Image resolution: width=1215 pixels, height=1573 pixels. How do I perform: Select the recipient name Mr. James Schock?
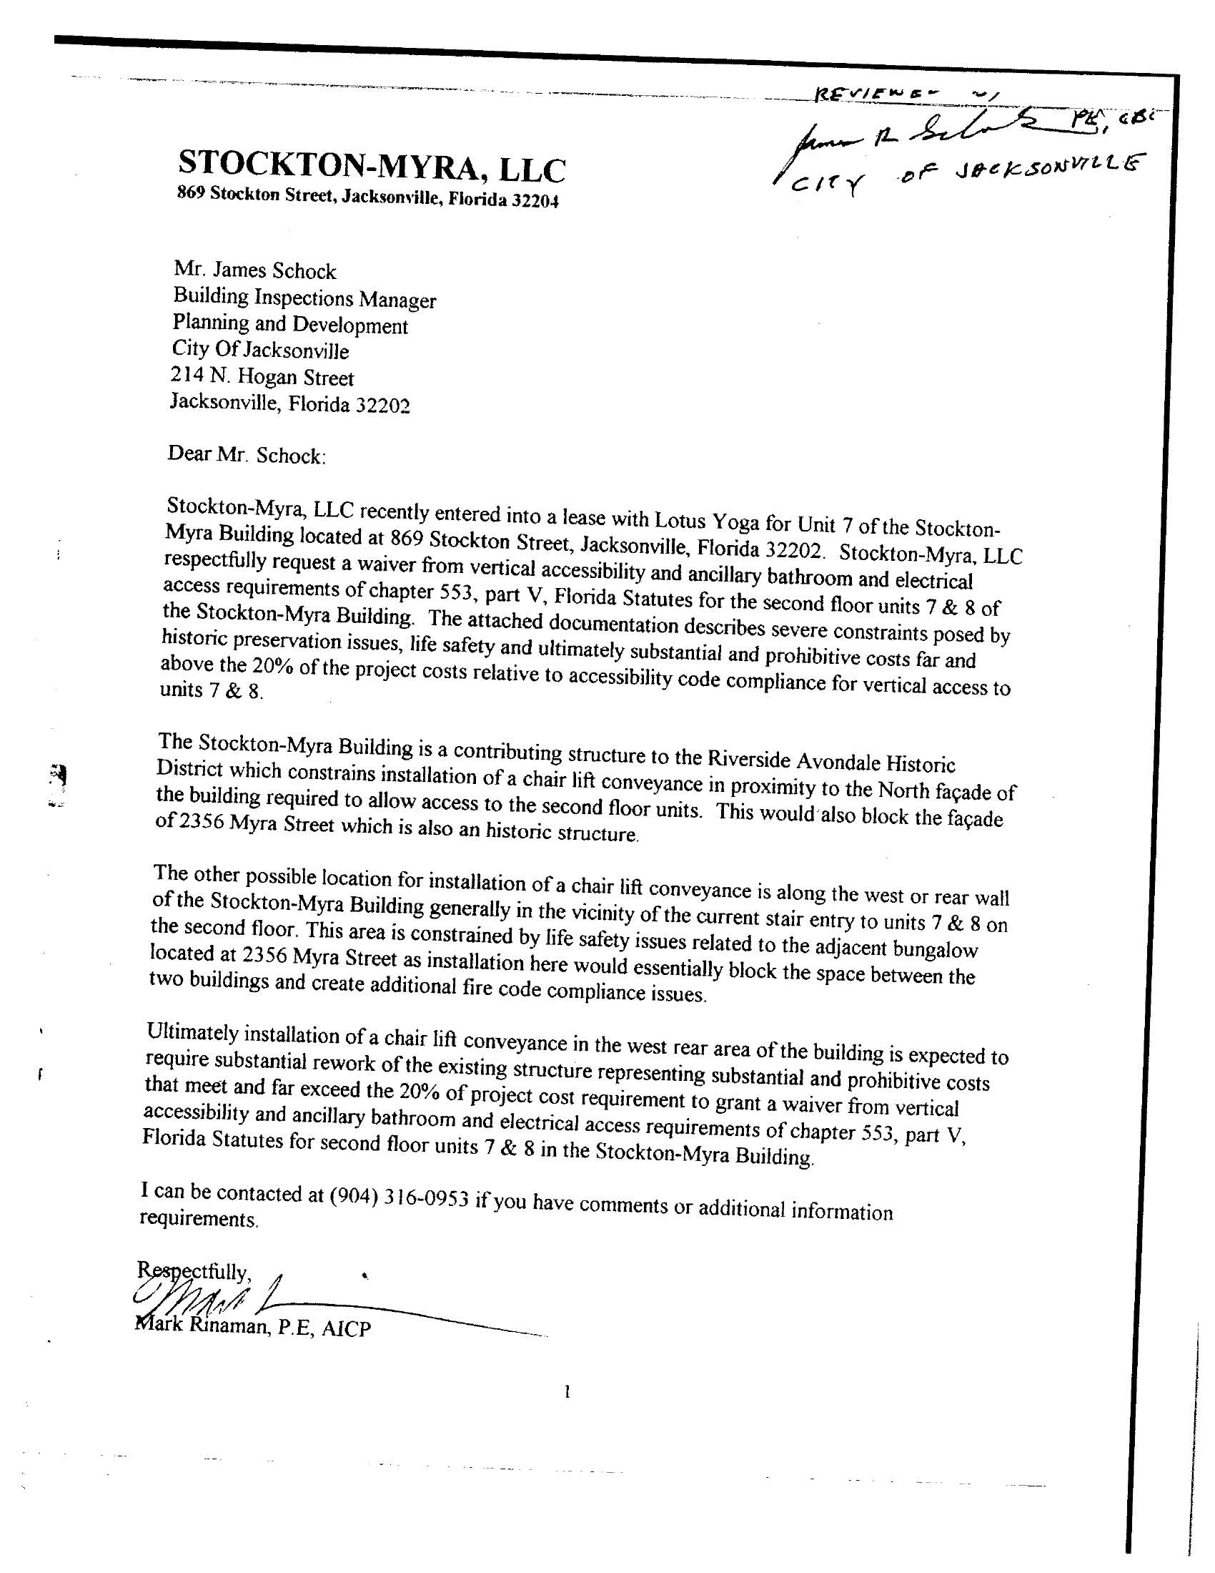point(254,271)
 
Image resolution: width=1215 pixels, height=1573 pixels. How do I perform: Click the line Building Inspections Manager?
point(304,298)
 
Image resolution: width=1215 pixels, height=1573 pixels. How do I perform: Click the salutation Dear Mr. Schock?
point(246,455)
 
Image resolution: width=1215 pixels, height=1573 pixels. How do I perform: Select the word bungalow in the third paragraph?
point(936,949)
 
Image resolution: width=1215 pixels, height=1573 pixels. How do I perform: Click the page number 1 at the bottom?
point(567,1392)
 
